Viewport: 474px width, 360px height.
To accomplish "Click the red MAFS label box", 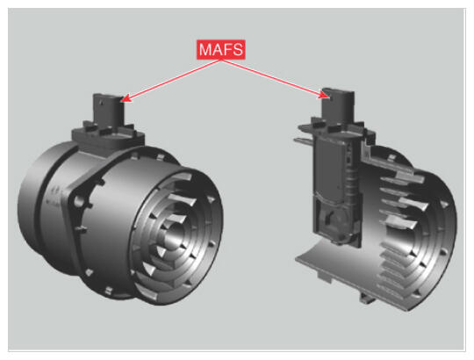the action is click(221, 49).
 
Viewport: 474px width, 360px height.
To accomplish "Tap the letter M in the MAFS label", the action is click(205, 49).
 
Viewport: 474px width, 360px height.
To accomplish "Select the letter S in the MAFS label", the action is click(238, 49).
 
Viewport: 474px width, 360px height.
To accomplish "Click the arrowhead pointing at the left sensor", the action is click(126, 98).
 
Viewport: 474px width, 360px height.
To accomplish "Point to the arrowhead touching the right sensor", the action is click(324, 96).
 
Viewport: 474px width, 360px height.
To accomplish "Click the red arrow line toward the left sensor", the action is click(171, 80).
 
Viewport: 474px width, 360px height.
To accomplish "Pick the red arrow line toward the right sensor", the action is click(275, 79).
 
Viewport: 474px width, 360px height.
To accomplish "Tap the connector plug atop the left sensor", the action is click(108, 111).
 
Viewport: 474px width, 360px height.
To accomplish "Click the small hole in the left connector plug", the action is click(101, 104).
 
